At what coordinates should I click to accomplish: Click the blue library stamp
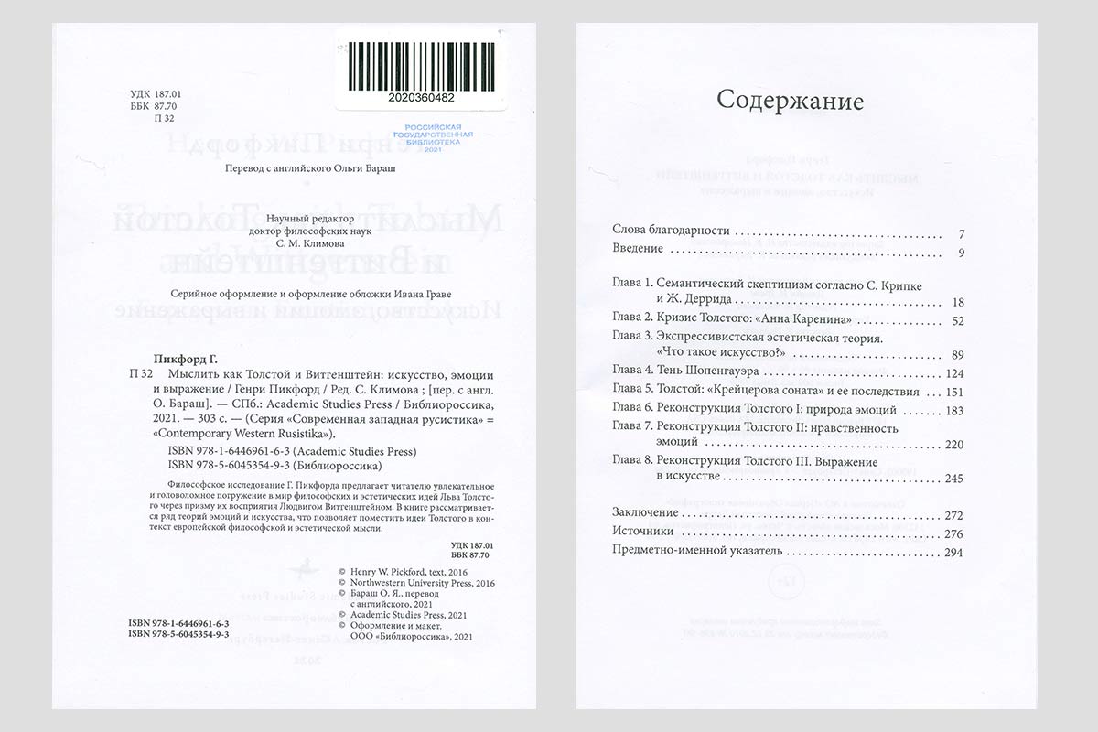coord(434,136)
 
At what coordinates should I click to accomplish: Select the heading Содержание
coord(789,100)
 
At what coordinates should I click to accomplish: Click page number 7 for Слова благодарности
coord(961,233)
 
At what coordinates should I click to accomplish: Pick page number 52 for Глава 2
coord(958,320)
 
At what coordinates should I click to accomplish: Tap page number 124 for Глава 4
coord(954,373)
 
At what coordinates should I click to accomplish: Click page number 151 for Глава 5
coord(954,392)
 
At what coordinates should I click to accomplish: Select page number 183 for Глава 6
coord(954,410)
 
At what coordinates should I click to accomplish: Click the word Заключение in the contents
coord(645,513)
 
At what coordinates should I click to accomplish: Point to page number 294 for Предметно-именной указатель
coord(954,552)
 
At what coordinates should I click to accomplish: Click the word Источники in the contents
coord(642,532)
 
